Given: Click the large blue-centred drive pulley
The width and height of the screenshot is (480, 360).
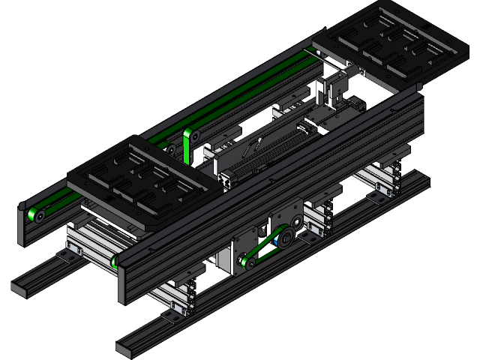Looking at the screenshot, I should coord(286,239).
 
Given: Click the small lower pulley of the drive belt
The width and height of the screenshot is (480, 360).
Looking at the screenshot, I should coord(244,261).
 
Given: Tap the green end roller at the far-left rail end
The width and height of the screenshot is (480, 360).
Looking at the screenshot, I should coord(34,216).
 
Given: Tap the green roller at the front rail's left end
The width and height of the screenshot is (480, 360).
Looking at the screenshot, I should coord(115,261).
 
